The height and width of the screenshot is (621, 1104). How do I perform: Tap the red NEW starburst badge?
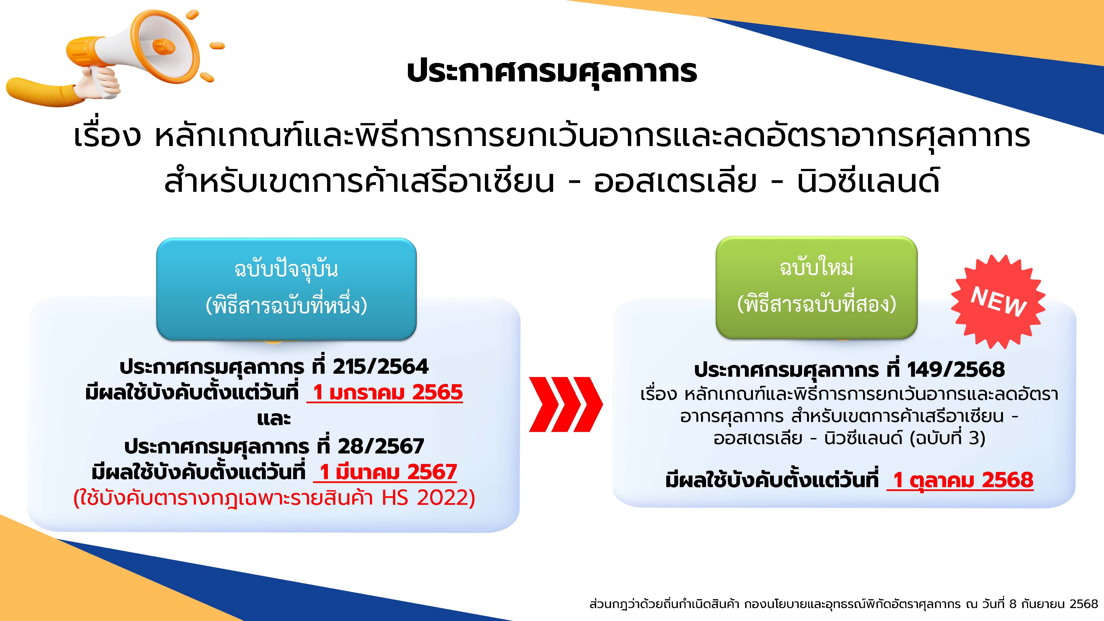[998, 301]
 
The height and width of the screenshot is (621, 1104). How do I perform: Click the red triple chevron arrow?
[566, 404]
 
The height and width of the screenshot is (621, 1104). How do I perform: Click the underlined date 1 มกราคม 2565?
[385, 392]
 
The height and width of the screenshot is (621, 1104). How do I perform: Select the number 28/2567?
[381, 447]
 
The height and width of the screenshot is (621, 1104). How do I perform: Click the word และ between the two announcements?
[274, 419]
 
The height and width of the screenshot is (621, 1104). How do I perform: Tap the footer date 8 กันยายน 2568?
[1054, 604]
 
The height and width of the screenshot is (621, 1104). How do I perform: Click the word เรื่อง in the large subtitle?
[107, 136]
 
